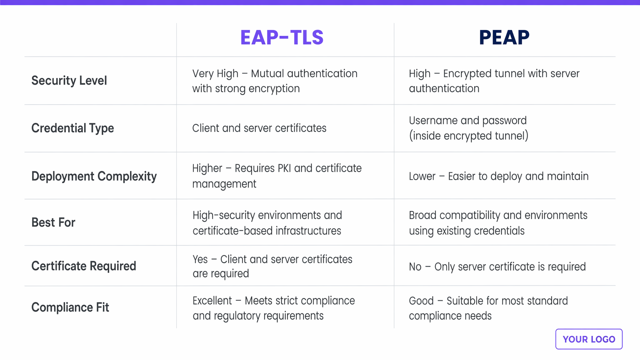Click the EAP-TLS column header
click(x=282, y=37)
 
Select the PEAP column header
click(x=504, y=37)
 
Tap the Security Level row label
click(x=69, y=80)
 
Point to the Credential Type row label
click(x=72, y=128)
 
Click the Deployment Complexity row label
click(x=94, y=176)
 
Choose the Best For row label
click(x=53, y=222)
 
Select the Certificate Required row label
click(x=84, y=266)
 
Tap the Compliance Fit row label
click(x=70, y=307)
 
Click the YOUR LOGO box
click(x=589, y=339)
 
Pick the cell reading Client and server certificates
click(x=259, y=128)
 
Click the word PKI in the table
click(x=282, y=168)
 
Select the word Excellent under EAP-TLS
click(x=212, y=301)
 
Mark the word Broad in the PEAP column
click(x=422, y=215)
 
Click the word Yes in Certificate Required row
click(x=200, y=259)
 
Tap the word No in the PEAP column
click(x=415, y=267)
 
